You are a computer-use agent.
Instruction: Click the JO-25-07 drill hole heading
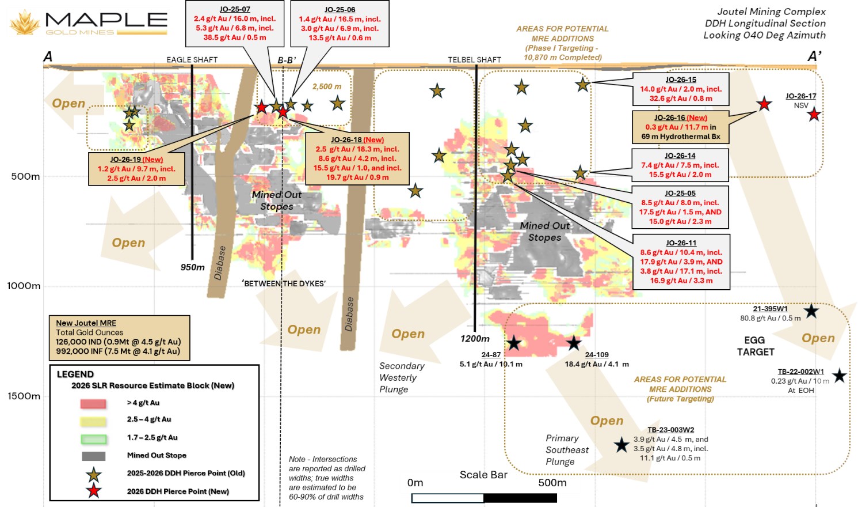(235, 9)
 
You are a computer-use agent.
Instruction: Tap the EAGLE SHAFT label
(192, 60)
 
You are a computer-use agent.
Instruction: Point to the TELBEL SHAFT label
(475, 60)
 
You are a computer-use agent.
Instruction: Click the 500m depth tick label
(25, 176)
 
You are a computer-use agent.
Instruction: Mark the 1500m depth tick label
(24, 396)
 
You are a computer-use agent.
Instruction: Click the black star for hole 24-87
(514, 343)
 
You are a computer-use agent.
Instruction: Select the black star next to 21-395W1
(811, 311)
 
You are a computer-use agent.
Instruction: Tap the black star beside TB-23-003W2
(621, 445)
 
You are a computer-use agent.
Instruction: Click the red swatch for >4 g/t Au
(93, 403)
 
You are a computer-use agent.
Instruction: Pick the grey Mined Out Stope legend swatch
(93, 456)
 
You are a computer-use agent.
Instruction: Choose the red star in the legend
(93, 491)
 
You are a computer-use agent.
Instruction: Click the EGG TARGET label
(756, 346)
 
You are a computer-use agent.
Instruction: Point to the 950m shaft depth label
(193, 267)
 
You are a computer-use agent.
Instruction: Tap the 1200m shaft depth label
(475, 339)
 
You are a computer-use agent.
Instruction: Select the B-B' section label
(287, 60)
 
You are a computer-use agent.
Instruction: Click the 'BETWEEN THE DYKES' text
(284, 283)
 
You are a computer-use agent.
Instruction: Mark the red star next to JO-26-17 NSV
(814, 114)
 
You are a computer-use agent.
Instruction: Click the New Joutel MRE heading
(86, 323)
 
